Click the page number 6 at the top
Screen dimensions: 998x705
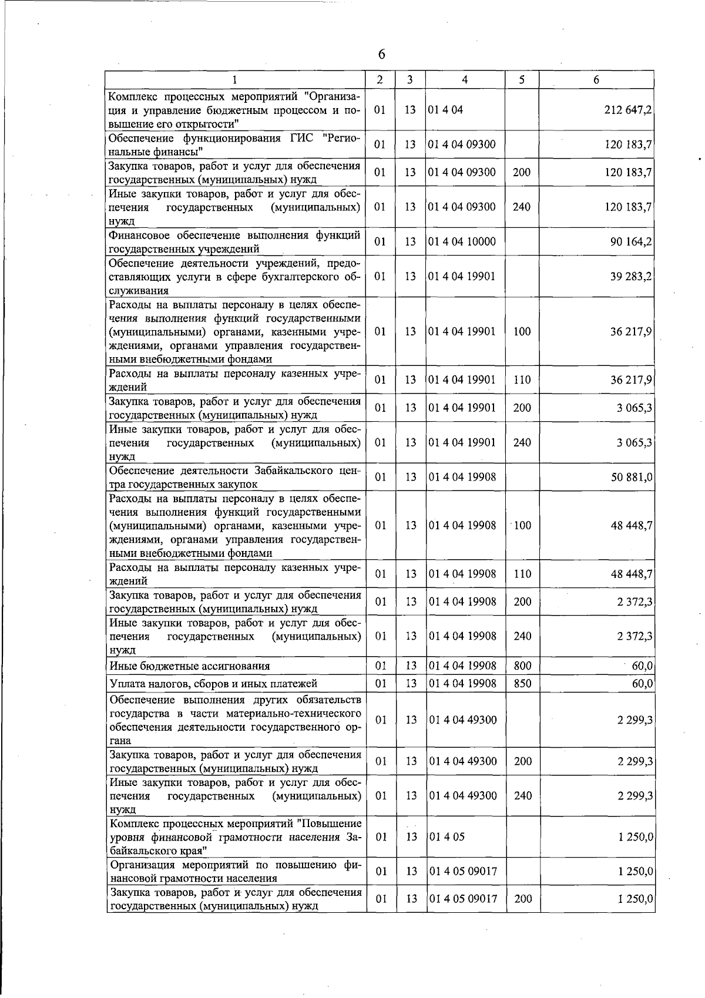[x=381, y=54]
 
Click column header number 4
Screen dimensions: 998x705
[x=465, y=80]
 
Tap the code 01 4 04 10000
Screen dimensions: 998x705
[x=462, y=241]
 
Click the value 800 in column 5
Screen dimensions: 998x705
[x=522, y=666]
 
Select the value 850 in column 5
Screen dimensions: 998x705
[x=522, y=683]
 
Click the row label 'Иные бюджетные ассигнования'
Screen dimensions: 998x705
[x=190, y=666]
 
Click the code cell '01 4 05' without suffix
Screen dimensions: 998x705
[x=446, y=836]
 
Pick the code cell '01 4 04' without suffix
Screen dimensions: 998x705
[x=446, y=110]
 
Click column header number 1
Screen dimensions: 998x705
[x=234, y=80]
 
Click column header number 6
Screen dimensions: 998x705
[x=596, y=80]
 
